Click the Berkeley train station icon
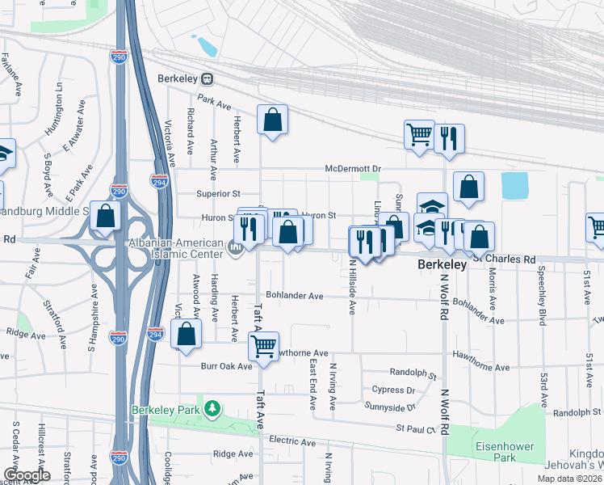(208, 79)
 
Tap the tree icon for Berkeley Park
(212, 410)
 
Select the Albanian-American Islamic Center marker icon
(236, 248)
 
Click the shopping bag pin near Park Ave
(273, 120)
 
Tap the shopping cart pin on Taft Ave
(263, 347)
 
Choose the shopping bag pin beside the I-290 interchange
(105, 216)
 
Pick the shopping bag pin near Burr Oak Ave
(187, 335)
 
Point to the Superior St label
(219, 194)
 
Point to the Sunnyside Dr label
(389, 406)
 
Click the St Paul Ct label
(415, 428)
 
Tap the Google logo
(27, 475)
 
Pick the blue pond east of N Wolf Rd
(514, 185)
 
